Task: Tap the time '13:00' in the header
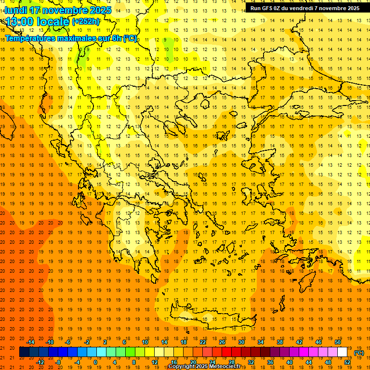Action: [x=19, y=22]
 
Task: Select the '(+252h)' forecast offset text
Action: [x=86, y=21]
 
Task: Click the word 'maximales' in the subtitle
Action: [x=82, y=38]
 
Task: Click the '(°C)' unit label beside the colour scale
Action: [x=358, y=352]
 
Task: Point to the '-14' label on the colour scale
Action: [x=30, y=342]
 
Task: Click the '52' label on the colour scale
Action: [x=347, y=362]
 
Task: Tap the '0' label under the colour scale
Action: [x=95, y=362]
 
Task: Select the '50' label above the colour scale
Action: [x=337, y=342]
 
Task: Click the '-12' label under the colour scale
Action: [x=40, y=362]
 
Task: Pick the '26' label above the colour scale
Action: [x=222, y=342]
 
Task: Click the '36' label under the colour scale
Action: [x=270, y=362]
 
